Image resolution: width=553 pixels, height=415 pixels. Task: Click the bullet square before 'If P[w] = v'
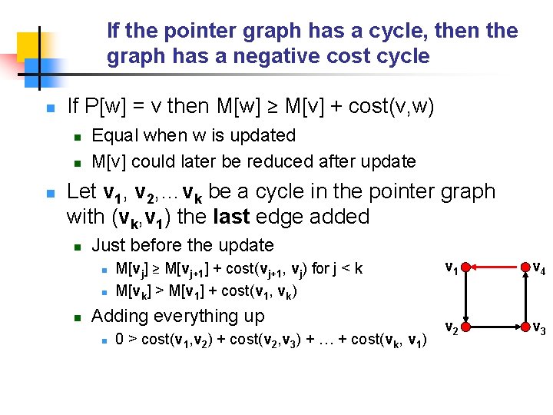click(50, 108)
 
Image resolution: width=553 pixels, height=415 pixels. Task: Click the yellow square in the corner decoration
click(28, 45)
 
